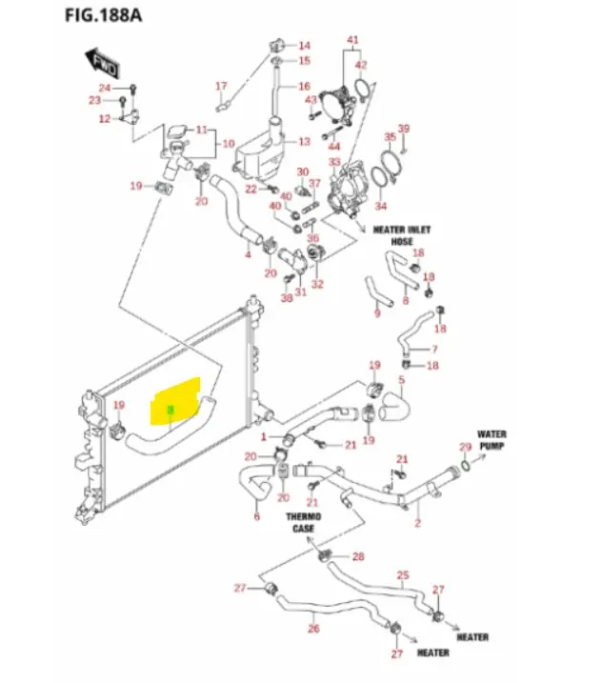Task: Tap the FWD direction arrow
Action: (x=104, y=64)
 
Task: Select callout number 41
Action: (x=352, y=40)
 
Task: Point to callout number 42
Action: (x=361, y=64)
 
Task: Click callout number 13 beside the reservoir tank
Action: (x=304, y=142)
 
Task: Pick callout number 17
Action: (x=221, y=87)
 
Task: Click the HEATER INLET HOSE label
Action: (x=401, y=235)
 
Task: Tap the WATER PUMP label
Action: (x=492, y=438)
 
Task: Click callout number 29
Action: (x=465, y=448)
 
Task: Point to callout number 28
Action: (x=358, y=556)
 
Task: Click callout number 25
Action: (x=403, y=574)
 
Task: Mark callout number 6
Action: (x=256, y=517)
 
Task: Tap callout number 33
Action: (x=334, y=163)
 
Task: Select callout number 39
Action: (x=403, y=129)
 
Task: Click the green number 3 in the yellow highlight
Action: (x=171, y=411)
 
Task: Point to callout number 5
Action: (x=401, y=380)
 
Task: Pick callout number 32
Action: (x=317, y=284)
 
